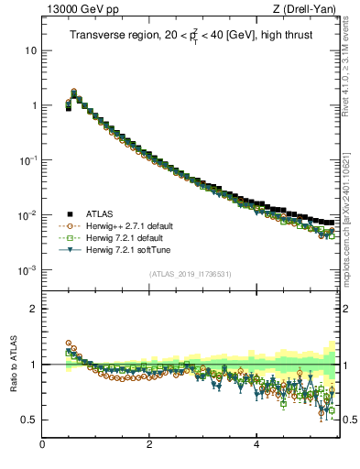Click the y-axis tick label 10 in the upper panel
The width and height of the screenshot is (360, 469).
(x=30, y=50)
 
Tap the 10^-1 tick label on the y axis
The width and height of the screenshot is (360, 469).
(x=27, y=160)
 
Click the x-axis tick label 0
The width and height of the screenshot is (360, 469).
(x=42, y=446)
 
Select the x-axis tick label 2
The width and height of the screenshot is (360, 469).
(x=149, y=446)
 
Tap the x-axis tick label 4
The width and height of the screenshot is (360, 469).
(x=256, y=446)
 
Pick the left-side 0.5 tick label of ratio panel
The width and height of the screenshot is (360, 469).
(x=29, y=420)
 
